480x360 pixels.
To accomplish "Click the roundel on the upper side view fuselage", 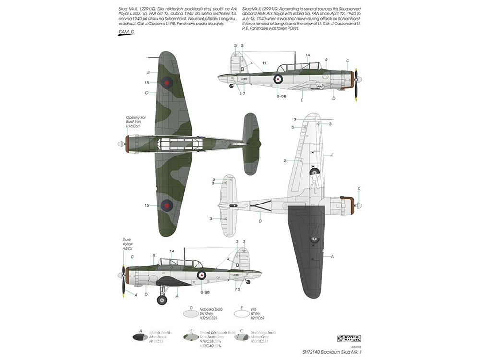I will pos(278,79).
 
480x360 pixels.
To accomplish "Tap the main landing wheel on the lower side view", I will pos(162,300).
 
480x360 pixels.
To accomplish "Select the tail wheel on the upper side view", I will pos(232,86).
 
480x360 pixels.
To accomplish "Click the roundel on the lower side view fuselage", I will pos(202,275).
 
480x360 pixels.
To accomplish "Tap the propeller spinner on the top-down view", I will pos(120,144).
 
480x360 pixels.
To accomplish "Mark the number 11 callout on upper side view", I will pos(264,63).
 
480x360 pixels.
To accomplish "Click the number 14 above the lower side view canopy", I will pos(171,251).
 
